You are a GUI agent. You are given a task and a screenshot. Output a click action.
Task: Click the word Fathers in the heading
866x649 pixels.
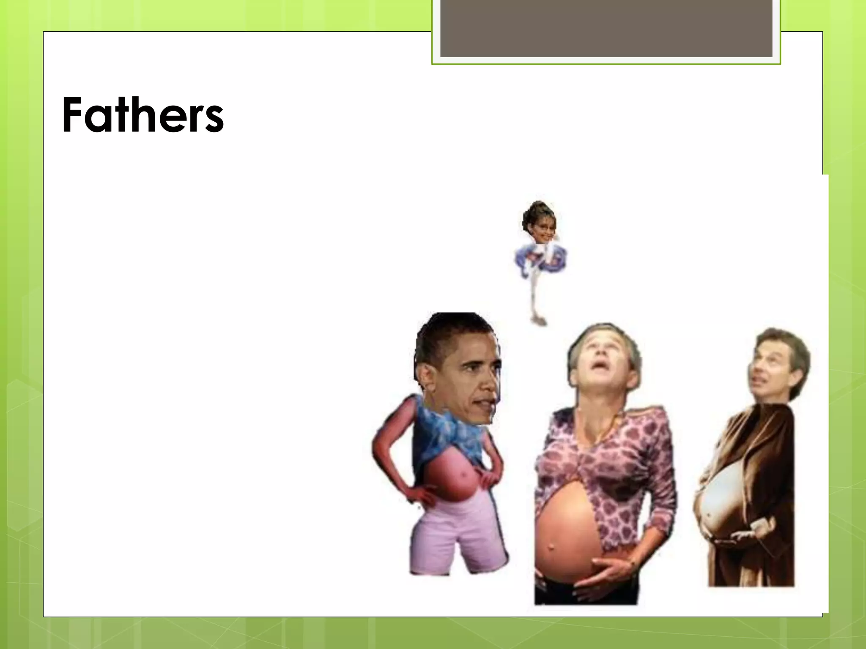(143, 115)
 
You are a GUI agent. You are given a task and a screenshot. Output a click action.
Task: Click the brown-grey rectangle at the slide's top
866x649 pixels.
(606, 28)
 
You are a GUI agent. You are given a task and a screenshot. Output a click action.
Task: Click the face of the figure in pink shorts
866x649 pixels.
(469, 380)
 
